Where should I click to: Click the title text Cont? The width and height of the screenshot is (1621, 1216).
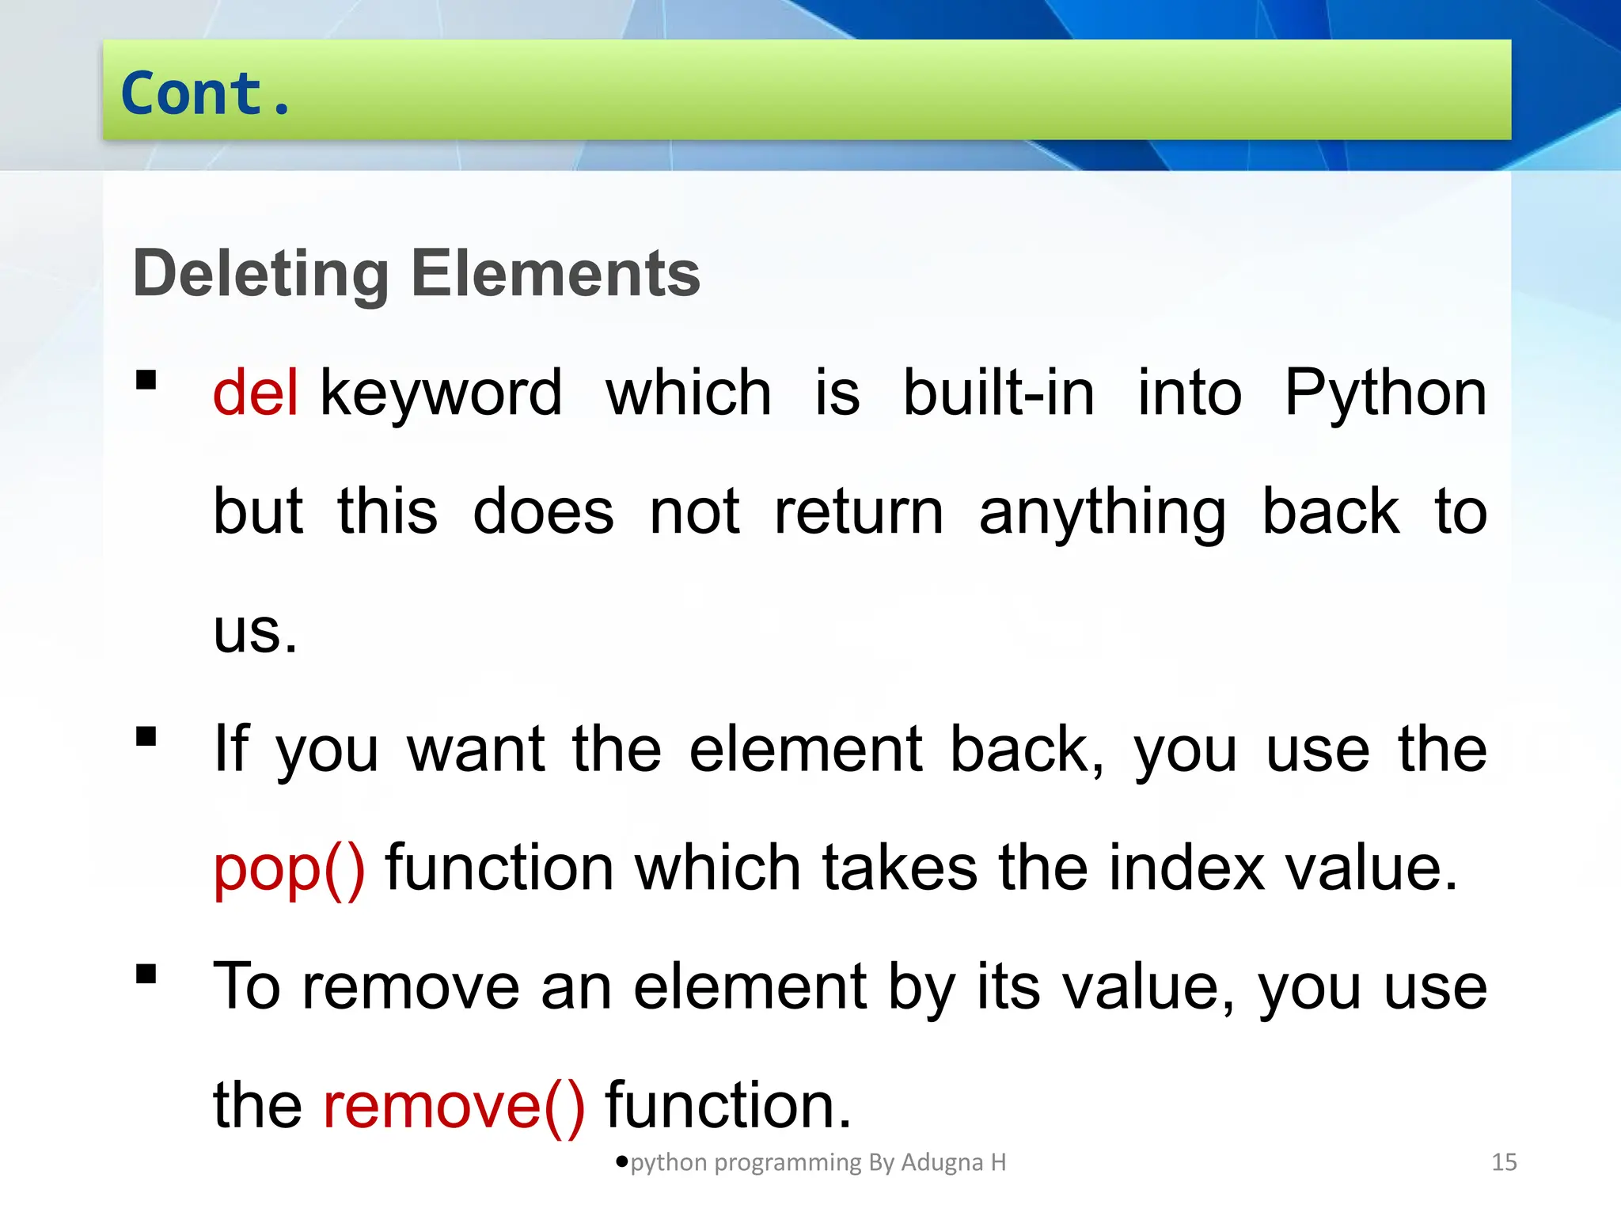(x=206, y=93)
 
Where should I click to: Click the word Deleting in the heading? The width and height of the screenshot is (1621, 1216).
(x=260, y=273)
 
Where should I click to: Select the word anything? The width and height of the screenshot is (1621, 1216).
(x=1103, y=513)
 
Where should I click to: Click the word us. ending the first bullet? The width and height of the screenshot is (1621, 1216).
(x=255, y=632)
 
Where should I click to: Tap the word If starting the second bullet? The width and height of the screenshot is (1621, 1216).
(x=231, y=749)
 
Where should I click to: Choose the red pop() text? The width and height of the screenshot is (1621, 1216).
(x=290, y=868)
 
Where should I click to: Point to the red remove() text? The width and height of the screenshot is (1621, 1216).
(x=454, y=1105)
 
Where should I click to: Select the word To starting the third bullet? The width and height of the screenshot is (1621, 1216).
(x=247, y=986)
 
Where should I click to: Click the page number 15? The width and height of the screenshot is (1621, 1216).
(x=1504, y=1162)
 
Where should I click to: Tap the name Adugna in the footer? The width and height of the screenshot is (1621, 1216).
(x=942, y=1162)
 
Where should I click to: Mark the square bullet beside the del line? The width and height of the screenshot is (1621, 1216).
(x=146, y=381)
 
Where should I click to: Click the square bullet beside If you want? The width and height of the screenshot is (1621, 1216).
(x=146, y=737)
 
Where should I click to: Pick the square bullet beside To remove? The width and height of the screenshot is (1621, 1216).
(x=146, y=973)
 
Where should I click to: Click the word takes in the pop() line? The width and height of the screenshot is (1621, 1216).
(x=900, y=868)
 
